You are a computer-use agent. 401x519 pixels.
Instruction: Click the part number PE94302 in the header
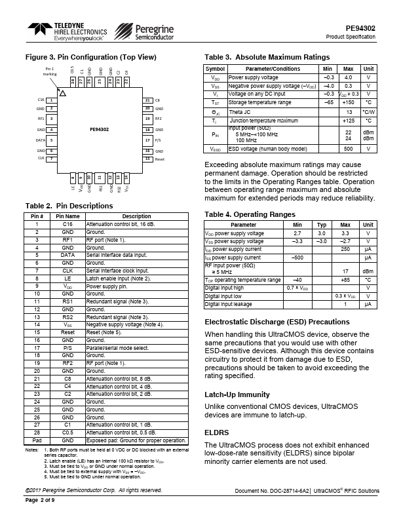(x=360, y=28)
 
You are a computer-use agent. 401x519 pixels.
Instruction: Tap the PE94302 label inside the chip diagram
(x=100, y=129)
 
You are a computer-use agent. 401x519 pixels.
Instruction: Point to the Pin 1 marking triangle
(x=62, y=94)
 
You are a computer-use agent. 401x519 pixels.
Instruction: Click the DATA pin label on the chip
(x=40, y=140)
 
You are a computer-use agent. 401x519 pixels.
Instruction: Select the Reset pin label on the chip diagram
(x=159, y=159)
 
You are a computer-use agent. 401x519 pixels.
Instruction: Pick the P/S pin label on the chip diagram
(x=158, y=140)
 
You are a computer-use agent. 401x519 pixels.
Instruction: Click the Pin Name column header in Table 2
(x=67, y=216)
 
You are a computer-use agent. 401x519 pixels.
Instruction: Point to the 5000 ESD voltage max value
(x=349, y=148)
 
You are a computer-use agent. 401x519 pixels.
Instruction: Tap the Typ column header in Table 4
(x=322, y=225)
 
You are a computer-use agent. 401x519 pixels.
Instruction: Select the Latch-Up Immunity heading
(x=237, y=394)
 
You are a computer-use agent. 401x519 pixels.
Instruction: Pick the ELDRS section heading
(x=217, y=432)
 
